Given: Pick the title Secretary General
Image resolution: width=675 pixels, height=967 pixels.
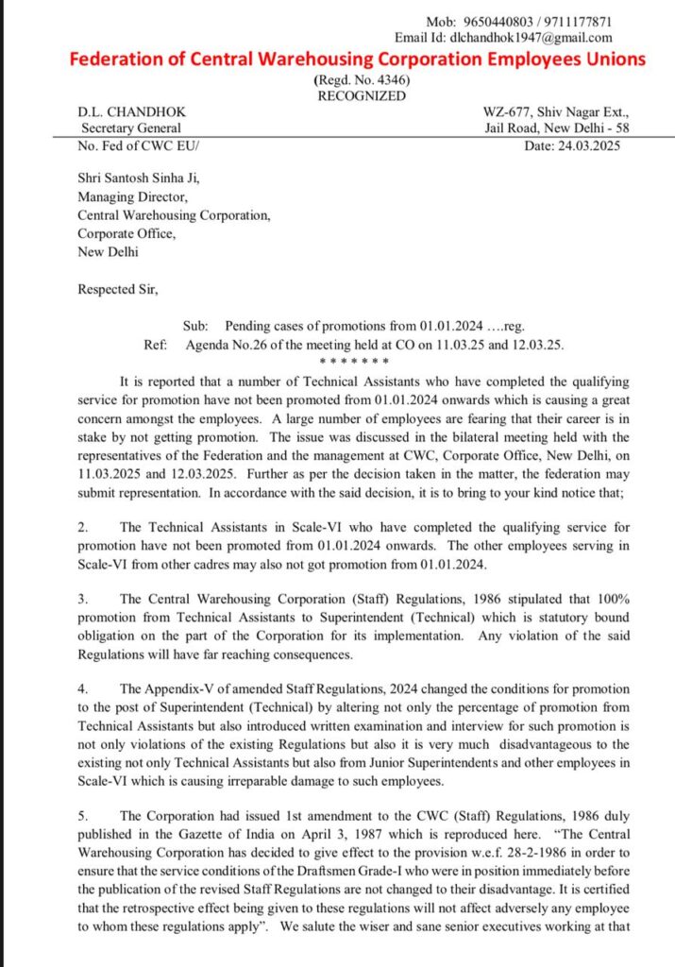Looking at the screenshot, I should [x=131, y=128].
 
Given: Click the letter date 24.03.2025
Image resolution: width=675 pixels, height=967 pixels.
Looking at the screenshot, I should [x=585, y=145].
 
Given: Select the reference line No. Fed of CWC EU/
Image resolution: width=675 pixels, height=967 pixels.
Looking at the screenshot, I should [x=139, y=145].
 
